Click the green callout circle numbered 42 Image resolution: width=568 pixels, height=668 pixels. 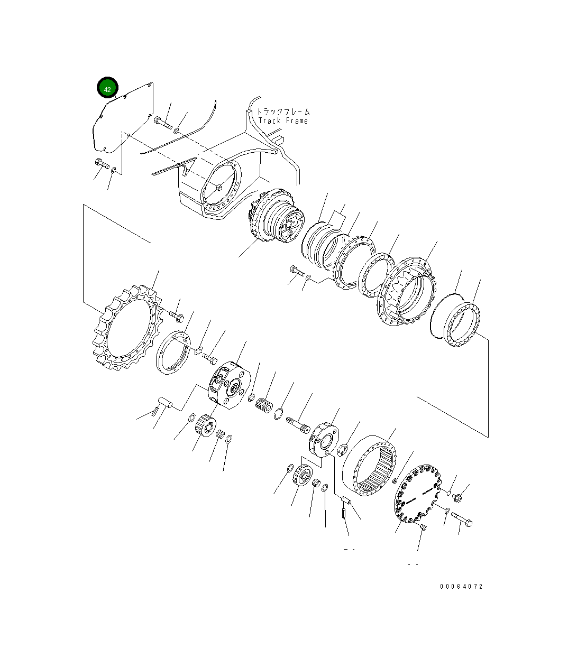tap(107, 87)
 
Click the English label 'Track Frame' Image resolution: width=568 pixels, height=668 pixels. tap(283, 121)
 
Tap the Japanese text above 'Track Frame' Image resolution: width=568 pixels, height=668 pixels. tap(283, 112)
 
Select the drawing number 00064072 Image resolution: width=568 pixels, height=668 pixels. tap(461, 587)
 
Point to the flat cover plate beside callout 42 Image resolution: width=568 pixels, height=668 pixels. tap(123, 118)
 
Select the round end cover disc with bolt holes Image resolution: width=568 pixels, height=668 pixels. tap(417, 494)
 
